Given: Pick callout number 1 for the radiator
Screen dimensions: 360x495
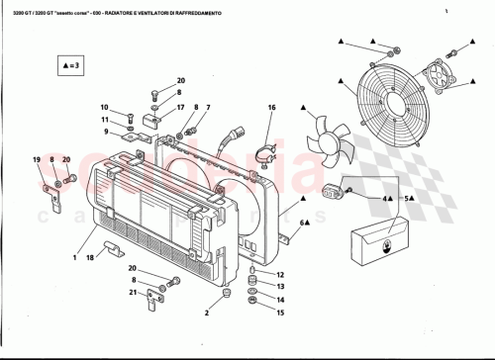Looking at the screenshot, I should tap(73, 257).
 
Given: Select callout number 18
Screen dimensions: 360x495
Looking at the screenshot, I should tap(90, 257).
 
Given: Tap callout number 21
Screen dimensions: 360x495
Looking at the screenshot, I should tap(132, 293).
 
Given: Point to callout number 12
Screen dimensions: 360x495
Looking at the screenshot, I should tap(279, 274).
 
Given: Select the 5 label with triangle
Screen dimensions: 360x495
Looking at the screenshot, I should tap(407, 199).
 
